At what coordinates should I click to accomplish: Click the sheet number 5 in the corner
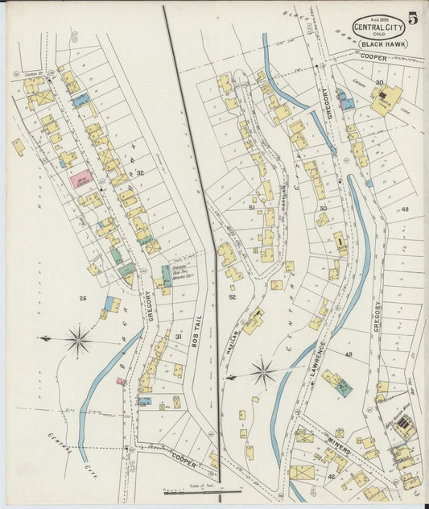point(413,19)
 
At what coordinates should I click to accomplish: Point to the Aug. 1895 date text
point(378,16)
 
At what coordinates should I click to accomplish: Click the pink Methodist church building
point(81,179)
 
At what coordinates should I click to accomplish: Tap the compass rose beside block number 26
point(77,340)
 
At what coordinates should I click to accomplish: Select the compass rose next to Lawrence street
point(263,372)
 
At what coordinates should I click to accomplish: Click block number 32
point(140,173)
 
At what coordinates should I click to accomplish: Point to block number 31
point(178,337)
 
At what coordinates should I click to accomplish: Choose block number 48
point(405,209)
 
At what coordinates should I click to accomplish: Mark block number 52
point(233,297)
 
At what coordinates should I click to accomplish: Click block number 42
point(332,477)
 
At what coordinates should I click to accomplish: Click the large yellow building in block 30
point(386,100)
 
